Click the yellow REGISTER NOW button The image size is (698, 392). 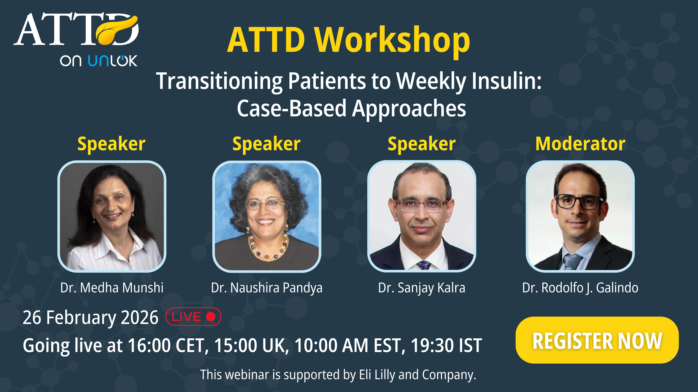(x=597, y=340)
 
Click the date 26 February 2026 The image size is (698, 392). (x=90, y=318)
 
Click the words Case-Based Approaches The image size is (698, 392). (x=351, y=108)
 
